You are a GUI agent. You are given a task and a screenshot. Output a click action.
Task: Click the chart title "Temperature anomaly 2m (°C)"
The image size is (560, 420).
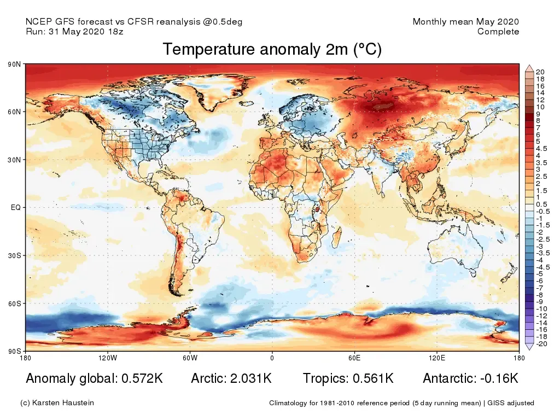coord(272,50)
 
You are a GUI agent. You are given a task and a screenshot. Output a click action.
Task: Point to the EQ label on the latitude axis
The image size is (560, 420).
coord(16,208)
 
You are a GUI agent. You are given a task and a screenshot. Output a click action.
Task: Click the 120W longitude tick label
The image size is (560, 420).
coord(108,358)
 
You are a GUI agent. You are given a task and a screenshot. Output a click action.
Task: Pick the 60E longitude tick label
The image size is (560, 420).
coord(354,358)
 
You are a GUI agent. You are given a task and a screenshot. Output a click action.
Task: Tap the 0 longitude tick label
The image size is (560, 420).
coord(272,358)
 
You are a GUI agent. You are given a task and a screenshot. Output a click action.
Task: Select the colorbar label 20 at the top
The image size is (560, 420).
coord(540,72)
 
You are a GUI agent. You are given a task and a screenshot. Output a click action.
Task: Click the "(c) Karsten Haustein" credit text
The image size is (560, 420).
coord(57,403)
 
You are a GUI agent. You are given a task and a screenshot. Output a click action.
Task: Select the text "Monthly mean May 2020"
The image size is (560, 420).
coord(465,22)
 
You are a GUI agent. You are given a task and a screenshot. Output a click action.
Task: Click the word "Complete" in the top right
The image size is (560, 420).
coord(498,32)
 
